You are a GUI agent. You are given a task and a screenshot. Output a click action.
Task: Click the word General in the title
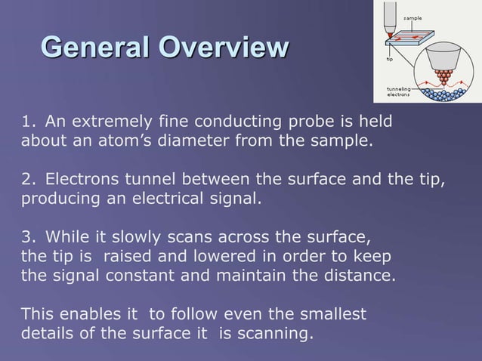[x=95, y=48]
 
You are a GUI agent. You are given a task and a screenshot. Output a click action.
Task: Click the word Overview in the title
[x=224, y=48]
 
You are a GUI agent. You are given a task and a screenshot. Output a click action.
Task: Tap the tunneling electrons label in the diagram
[x=399, y=92]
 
